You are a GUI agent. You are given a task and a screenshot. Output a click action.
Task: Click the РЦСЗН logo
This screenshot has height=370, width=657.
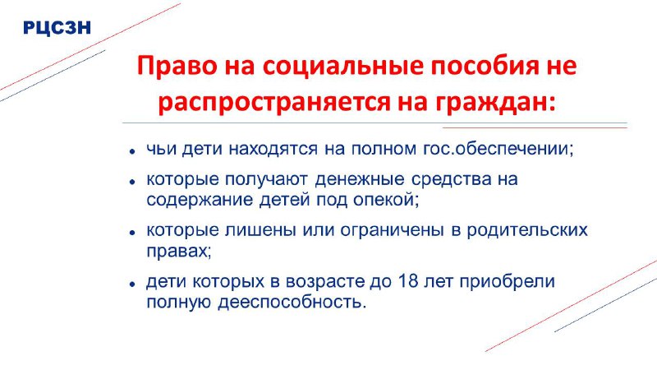[x=57, y=28]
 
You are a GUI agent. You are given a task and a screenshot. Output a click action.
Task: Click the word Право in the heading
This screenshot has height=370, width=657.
[x=177, y=67]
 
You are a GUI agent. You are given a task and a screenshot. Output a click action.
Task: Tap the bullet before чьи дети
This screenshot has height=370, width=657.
[x=132, y=151]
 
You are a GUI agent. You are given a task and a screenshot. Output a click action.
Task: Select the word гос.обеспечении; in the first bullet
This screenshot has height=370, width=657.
[x=498, y=149]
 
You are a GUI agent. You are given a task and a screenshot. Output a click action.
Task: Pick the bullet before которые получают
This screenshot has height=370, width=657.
[x=132, y=181]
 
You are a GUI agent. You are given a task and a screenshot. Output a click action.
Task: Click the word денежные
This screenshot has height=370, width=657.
[x=360, y=179]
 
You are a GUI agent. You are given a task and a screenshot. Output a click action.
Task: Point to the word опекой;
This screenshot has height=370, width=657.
[x=386, y=200]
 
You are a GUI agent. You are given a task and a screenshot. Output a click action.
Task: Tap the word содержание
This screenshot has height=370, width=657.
[x=200, y=200]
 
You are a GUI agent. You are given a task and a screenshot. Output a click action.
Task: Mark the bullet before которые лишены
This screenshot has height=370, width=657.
[x=132, y=233]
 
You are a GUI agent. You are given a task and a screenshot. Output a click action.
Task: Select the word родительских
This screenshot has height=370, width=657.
[x=527, y=230]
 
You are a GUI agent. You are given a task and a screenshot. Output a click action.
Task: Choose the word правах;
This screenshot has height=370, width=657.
[x=179, y=252]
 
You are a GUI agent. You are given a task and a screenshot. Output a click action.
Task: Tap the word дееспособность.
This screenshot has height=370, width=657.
[x=292, y=302]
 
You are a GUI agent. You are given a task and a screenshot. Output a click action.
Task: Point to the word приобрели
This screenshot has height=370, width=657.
[x=508, y=281]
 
